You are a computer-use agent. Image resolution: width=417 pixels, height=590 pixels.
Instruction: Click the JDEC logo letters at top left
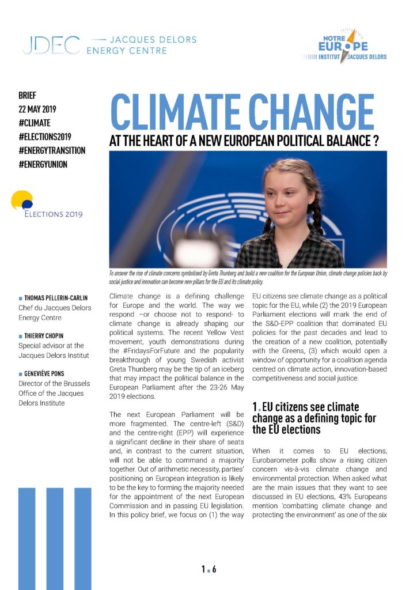click(51, 45)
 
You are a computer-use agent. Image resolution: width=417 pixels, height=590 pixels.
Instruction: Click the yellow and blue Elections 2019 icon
click(22, 201)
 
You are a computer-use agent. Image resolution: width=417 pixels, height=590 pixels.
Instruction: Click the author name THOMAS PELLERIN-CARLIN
click(64, 298)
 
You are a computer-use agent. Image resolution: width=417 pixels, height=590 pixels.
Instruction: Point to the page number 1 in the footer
click(203, 570)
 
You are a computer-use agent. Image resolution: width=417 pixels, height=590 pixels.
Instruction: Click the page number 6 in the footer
click(214, 570)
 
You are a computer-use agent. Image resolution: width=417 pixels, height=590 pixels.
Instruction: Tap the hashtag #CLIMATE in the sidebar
click(35, 123)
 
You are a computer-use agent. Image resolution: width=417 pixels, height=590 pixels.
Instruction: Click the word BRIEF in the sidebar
click(27, 95)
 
